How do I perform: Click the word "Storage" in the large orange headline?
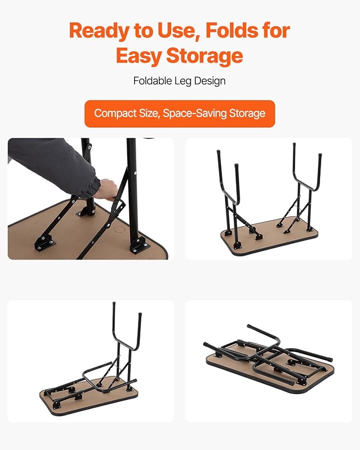coord(205,56)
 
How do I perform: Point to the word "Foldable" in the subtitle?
coord(153,81)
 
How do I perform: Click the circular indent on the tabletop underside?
coord(119,230)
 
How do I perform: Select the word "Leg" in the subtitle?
coord(183,81)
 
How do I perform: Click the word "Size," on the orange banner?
coord(150,113)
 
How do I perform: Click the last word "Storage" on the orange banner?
coord(247,113)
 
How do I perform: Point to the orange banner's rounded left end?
coord(87,113)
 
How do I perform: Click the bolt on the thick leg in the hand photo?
coord(135,173)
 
